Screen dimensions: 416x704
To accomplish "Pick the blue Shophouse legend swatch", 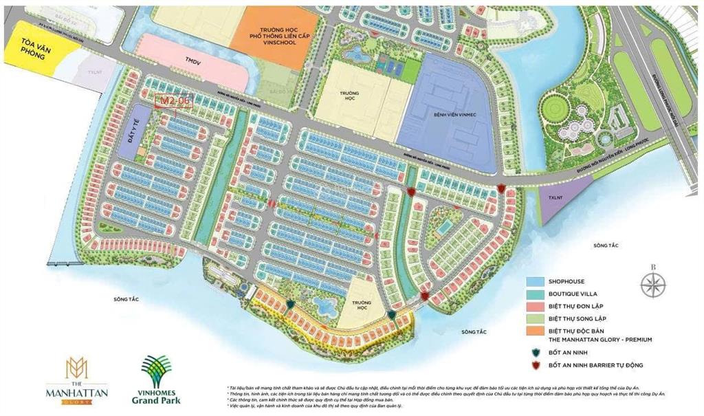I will [536, 282].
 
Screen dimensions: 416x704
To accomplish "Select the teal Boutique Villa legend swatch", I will [536, 294].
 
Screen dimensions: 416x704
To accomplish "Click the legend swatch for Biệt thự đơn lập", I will [536, 306].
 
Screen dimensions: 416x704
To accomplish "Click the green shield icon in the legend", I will [536, 351].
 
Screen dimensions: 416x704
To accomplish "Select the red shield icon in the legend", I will [536, 365].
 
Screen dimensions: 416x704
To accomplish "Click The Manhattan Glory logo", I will [67, 380].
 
